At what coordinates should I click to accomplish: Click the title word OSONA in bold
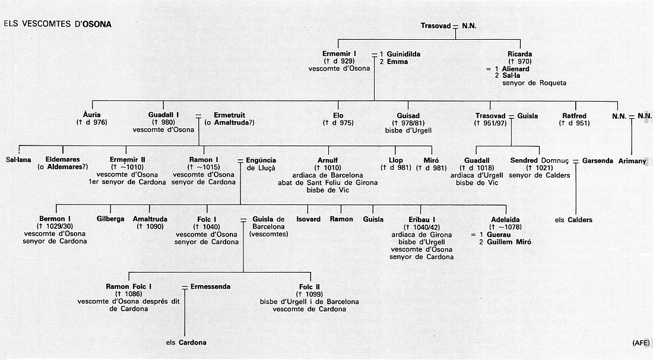click(97, 24)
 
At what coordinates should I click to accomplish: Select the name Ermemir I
click(339, 53)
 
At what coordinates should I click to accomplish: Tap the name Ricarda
click(520, 53)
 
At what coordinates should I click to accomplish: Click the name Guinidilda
click(404, 54)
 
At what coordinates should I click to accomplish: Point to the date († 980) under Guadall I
click(164, 122)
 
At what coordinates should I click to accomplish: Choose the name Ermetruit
click(230, 115)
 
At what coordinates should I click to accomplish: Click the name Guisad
click(408, 115)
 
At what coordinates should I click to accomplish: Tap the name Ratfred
click(574, 115)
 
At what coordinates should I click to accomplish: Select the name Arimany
click(632, 161)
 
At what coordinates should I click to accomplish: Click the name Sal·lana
click(18, 160)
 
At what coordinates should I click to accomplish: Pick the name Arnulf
click(328, 160)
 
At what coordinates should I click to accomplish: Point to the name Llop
click(395, 160)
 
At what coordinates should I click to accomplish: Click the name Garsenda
click(598, 160)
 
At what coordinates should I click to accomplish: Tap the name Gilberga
click(110, 219)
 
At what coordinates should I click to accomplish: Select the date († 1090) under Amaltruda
click(150, 227)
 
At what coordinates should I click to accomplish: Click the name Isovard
click(309, 219)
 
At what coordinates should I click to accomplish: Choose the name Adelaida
click(505, 220)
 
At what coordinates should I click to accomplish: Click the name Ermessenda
click(210, 287)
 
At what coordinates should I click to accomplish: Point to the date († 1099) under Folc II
click(309, 294)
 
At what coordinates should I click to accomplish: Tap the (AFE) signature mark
click(641, 343)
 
